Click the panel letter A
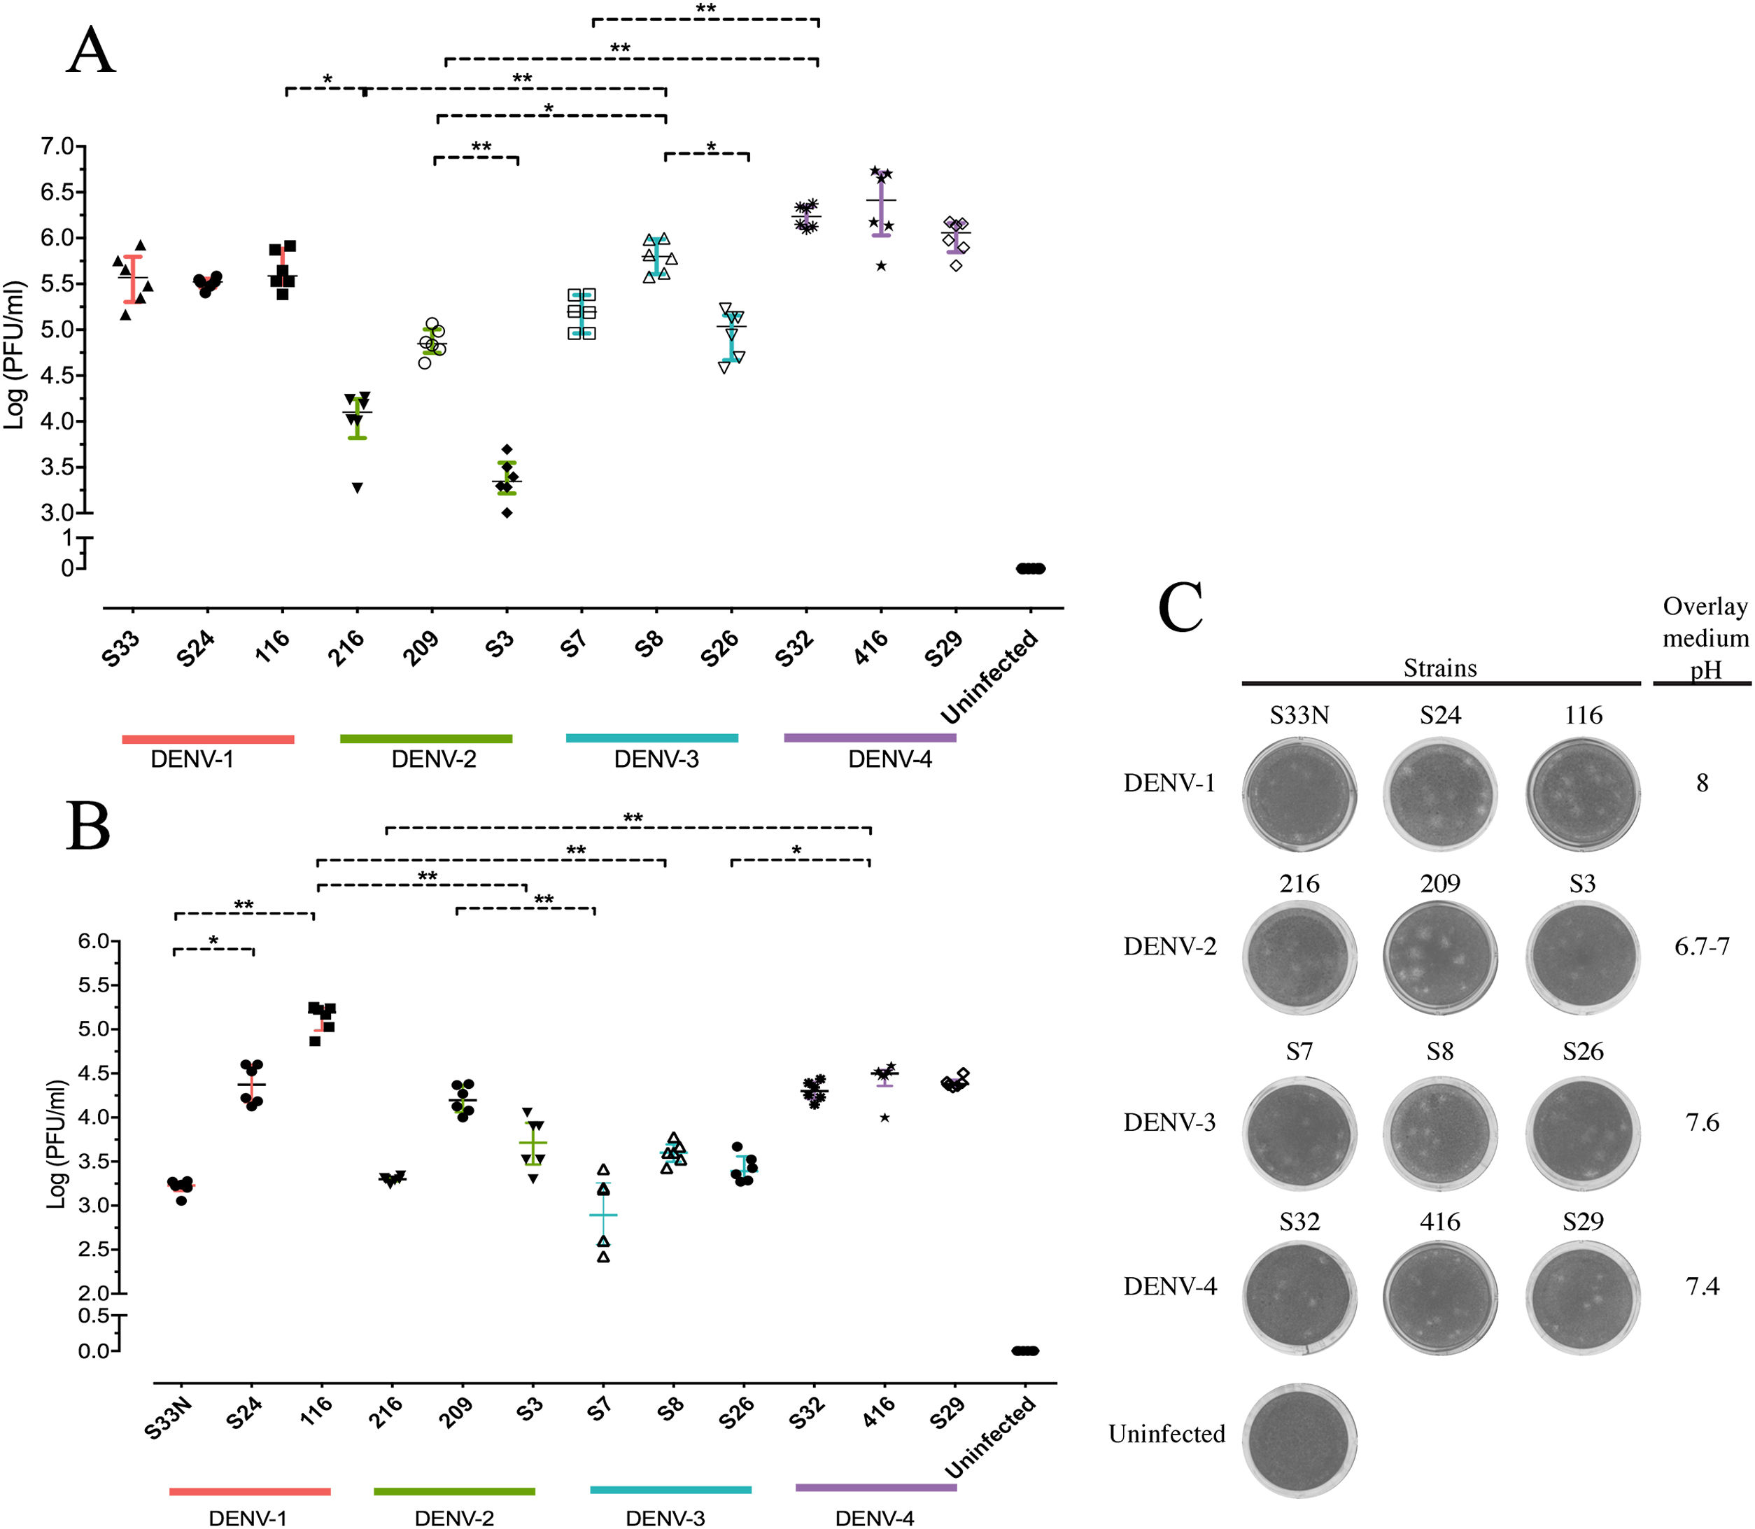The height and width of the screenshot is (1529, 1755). point(90,52)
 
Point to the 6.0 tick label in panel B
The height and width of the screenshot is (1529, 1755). point(94,941)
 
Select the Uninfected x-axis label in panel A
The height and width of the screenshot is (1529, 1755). point(989,676)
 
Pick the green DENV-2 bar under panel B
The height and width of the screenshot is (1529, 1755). point(454,1491)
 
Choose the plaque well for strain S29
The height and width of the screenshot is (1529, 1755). point(1583,1297)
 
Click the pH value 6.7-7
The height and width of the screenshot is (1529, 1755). point(1701,946)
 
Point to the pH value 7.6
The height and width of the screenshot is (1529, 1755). point(1701,1122)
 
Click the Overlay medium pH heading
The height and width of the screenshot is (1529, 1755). point(1705,637)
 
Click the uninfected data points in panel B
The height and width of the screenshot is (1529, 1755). point(1024,1351)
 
